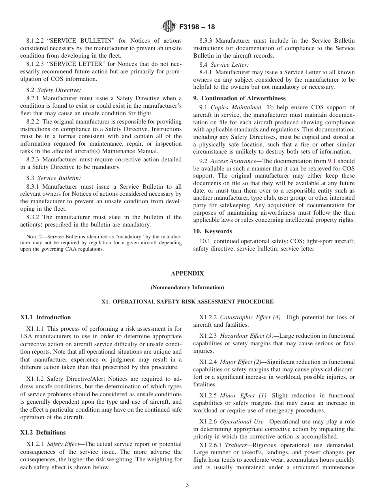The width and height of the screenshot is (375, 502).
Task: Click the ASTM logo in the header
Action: point(169,27)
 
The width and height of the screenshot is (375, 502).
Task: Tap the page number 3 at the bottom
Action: point(187,485)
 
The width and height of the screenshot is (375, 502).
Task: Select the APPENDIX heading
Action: point(187,273)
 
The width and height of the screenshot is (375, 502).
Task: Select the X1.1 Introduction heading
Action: point(45,317)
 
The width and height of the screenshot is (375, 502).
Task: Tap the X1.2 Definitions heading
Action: point(43,421)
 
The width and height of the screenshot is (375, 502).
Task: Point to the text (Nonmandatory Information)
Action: point(187,287)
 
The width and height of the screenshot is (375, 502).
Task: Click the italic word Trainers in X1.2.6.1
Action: point(235,445)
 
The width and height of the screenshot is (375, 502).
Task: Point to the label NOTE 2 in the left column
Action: point(31,236)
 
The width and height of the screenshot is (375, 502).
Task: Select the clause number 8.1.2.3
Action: point(37,64)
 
